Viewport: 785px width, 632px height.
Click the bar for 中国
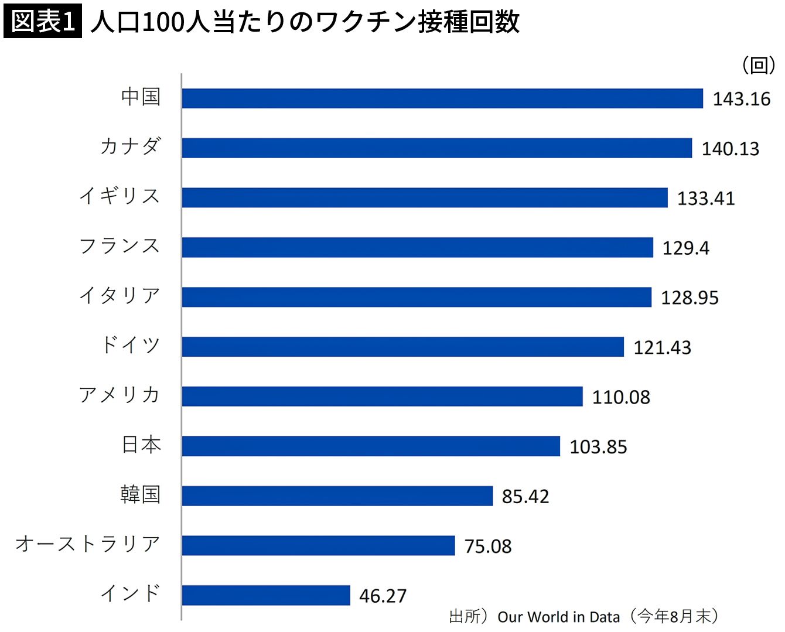442,98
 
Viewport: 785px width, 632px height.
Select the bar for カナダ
436,148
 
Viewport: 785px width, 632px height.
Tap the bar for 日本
371,446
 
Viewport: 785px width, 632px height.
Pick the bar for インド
266,595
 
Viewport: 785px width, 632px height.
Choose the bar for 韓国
337,496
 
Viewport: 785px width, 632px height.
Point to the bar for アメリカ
382,397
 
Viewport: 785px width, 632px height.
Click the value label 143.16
741,99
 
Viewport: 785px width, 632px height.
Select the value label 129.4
685,248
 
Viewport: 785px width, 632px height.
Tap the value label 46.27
383,596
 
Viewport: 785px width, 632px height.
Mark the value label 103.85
598,447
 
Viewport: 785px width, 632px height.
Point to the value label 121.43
662,347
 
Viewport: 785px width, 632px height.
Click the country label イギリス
120,196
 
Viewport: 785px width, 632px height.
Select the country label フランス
120,245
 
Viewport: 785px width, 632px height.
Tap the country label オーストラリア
88,544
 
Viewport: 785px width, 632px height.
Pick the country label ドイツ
131,345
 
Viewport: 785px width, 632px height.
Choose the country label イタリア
120,295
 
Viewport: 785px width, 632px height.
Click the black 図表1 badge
43,22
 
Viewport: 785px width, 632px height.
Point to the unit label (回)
759,64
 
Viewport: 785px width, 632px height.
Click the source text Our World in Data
558,617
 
